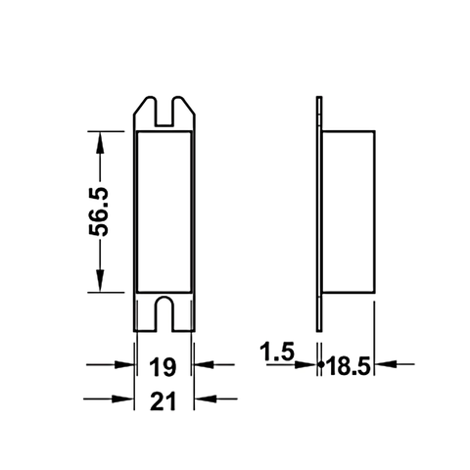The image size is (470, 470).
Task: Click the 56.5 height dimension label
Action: [x=100, y=211]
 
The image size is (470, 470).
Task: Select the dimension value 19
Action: [x=164, y=367]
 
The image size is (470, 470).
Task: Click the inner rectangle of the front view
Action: [x=164, y=211]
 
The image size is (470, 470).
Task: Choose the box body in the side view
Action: [x=350, y=211]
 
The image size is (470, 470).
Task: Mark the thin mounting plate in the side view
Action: [x=320, y=211]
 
